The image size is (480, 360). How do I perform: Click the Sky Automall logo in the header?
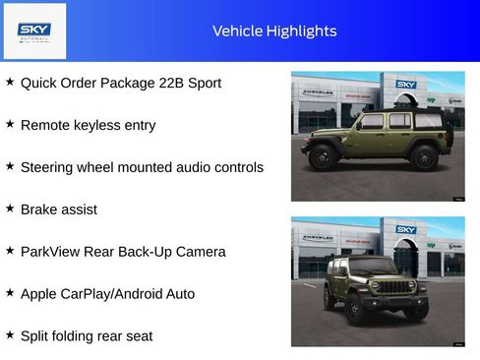(35, 30)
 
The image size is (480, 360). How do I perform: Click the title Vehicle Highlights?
(274, 31)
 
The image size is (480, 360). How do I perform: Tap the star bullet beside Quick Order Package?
(10, 83)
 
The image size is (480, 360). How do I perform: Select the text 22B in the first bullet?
(170, 84)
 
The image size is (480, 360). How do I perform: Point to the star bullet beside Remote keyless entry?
(10, 125)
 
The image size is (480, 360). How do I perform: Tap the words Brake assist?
(58, 210)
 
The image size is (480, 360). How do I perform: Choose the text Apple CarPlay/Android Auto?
(107, 294)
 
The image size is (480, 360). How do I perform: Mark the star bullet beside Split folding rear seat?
(10, 335)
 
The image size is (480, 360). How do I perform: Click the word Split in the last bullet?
(35, 336)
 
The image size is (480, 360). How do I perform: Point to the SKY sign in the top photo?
(406, 86)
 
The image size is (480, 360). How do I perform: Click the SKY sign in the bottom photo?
(406, 229)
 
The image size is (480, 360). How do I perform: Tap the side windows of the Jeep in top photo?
(386, 121)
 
